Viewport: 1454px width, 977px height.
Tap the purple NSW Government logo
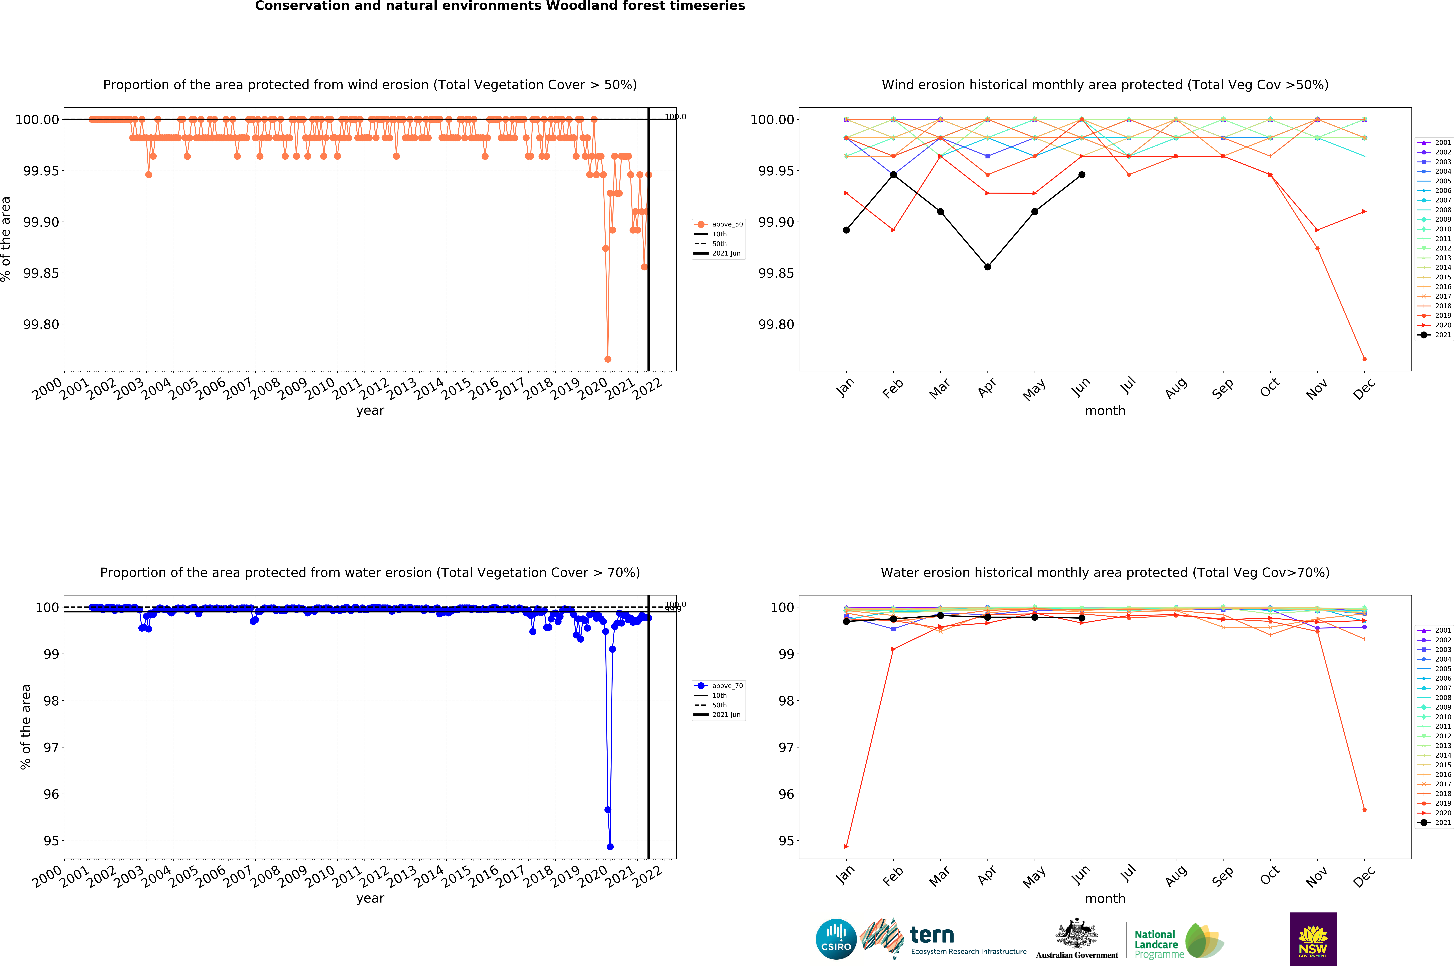tap(1313, 939)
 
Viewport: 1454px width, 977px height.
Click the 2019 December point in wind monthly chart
tap(1364, 359)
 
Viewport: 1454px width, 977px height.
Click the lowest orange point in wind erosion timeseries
tap(608, 359)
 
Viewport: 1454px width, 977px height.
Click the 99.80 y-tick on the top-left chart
tap(41, 325)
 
